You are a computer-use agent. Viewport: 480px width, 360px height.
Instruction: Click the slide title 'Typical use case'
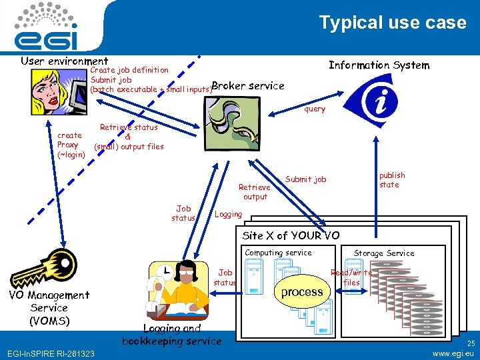[x=392, y=23]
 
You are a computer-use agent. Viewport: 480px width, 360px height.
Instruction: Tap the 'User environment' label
[x=64, y=61]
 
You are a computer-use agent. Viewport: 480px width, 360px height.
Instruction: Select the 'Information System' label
[x=379, y=65]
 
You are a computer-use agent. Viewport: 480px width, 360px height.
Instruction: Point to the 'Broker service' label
[x=247, y=85]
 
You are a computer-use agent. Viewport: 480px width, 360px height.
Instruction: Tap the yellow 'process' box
[x=301, y=291]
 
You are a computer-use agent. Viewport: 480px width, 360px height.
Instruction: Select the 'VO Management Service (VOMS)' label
[x=49, y=307]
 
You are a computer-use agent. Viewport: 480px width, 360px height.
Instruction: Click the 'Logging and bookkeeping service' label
[x=171, y=335]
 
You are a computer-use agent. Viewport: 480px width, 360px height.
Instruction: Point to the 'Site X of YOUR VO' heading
[x=291, y=235]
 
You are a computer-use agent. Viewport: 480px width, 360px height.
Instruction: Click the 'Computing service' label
[x=278, y=253]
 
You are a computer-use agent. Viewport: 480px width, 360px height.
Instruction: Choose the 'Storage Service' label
[x=383, y=253]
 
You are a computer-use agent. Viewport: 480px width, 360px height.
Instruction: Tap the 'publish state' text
[x=391, y=180]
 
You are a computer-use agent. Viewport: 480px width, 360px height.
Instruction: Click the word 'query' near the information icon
[x=315, y=109]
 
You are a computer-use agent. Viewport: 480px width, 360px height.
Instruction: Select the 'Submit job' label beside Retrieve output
[x=305, y=179]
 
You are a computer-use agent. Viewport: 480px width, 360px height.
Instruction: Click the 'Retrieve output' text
[x=255, y=192]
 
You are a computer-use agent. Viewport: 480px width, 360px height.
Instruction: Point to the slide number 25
[x=470, y=342]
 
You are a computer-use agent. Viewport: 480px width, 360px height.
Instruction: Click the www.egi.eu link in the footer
[x=453, y=353]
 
